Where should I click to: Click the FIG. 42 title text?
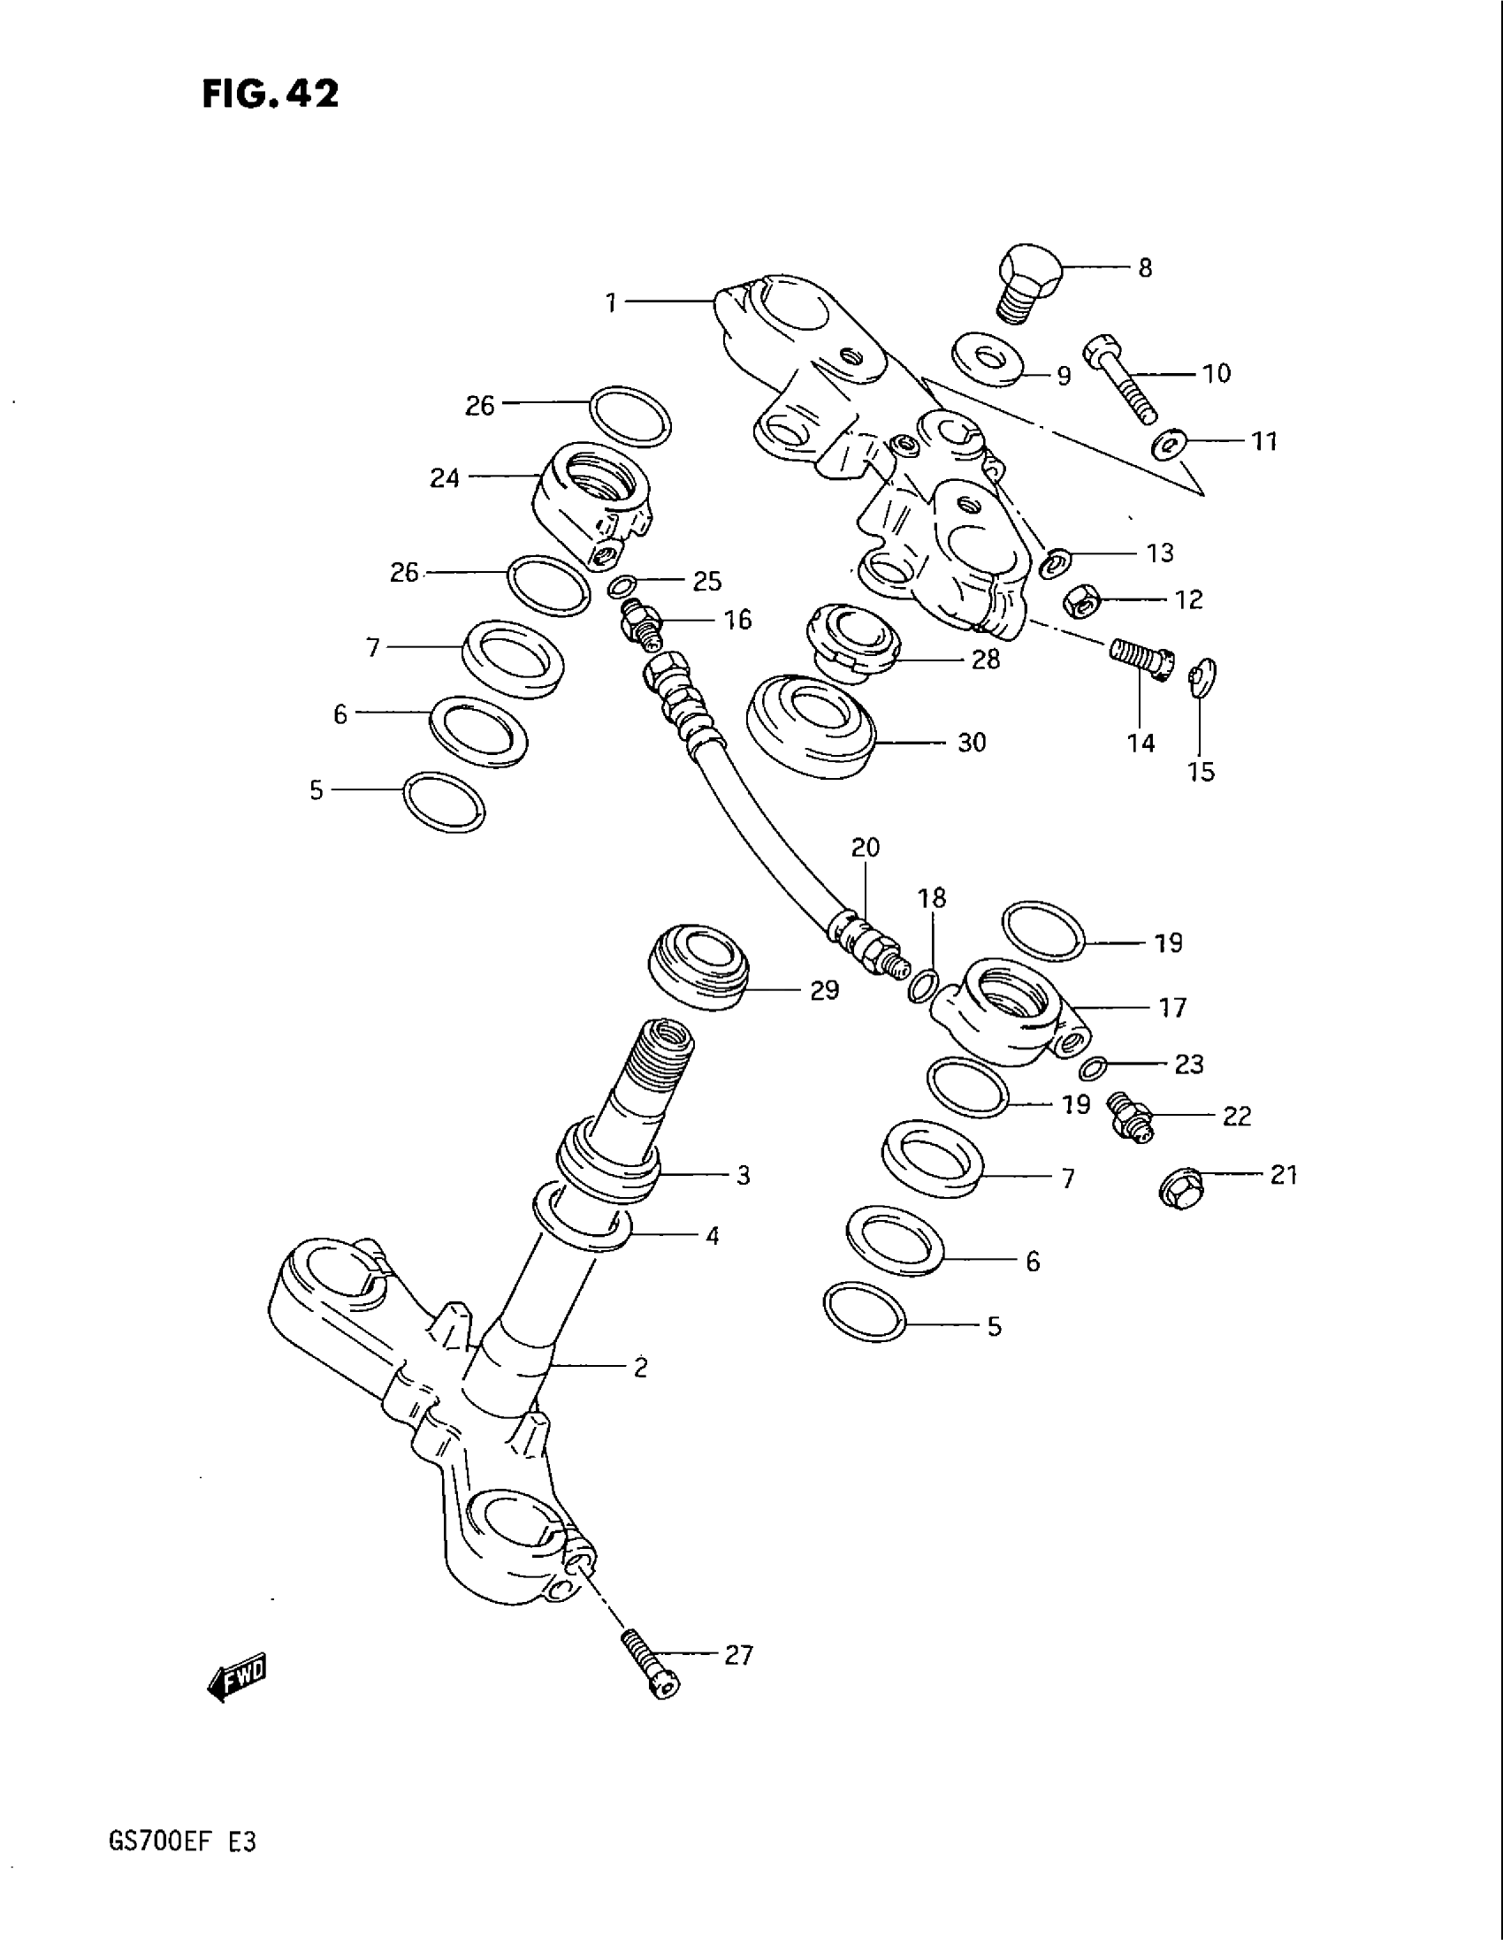coord(270,94)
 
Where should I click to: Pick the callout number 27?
coord(738,1655)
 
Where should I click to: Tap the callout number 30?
coord(972,742)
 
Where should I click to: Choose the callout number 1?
coord(611,303)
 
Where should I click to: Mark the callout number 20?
coord(865,847)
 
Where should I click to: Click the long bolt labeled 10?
coord(1120,379)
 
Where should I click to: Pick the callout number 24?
coord(445,478)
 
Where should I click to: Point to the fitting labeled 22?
coord(1129,1117)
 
